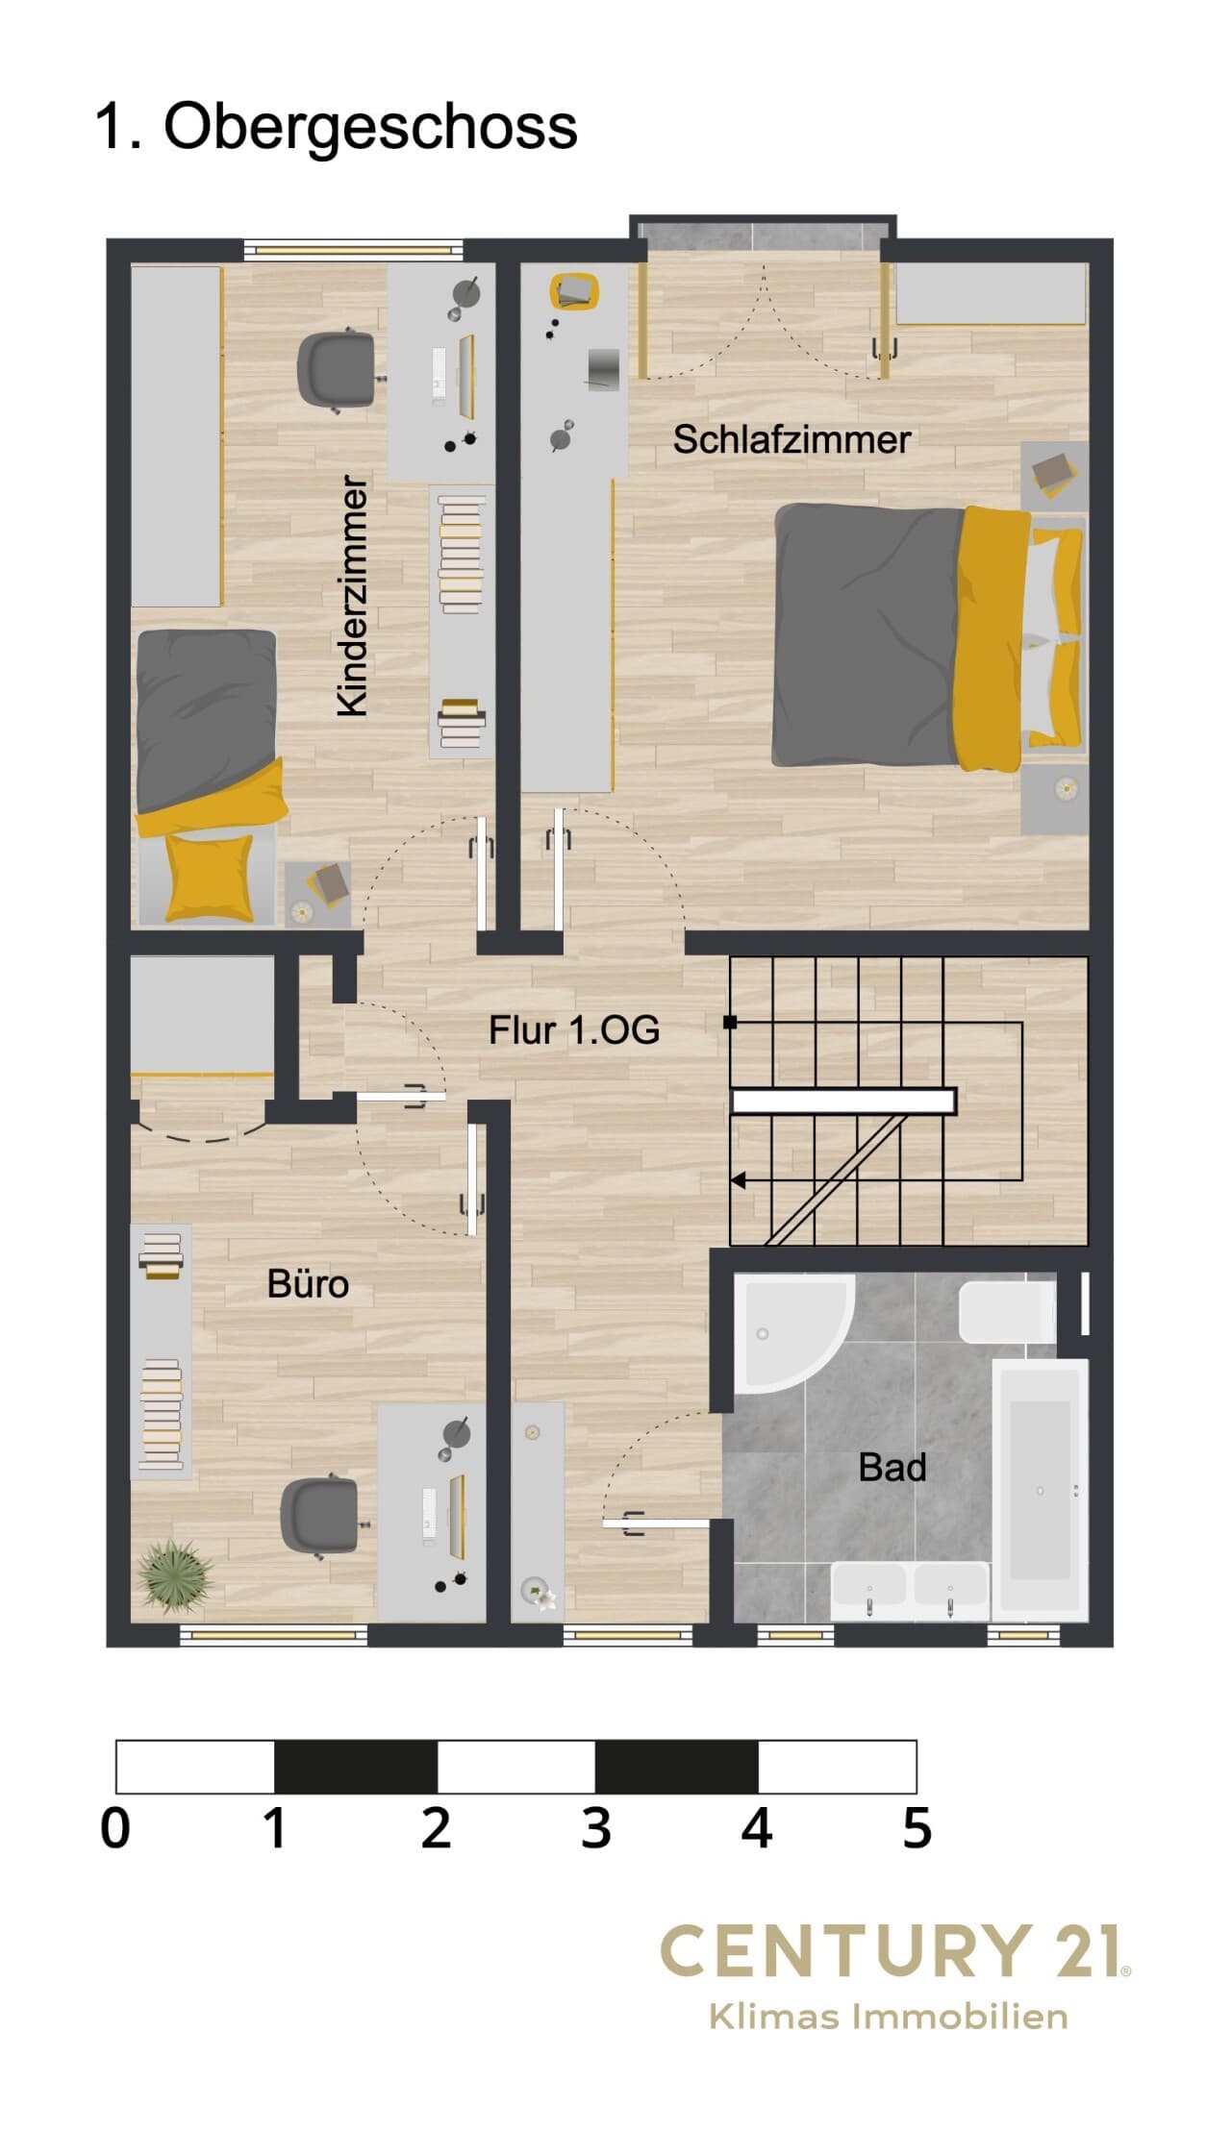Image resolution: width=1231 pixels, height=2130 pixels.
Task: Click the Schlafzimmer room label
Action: [791, 439]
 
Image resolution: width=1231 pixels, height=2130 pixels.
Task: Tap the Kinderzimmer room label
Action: [353, 596]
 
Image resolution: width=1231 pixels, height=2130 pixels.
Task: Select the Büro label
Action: [308, 1284]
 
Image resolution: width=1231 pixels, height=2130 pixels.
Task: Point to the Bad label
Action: [892, 1468]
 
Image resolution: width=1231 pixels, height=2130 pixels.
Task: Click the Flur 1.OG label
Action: [574, 1030]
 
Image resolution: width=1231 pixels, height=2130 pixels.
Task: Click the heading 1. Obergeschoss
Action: [337, 126]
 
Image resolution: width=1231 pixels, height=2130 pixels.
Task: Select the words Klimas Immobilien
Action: [889, 2016]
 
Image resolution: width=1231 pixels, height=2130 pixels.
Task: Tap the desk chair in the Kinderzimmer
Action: [336, 370]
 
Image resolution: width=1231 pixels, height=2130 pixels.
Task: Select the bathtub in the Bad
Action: [1040, 1490]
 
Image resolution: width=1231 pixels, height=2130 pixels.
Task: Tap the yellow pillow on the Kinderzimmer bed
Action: [208, 876]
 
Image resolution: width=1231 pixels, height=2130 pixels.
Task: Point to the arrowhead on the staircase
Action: [739, 1180]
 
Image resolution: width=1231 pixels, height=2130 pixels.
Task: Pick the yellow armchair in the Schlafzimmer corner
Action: [574, 292]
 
